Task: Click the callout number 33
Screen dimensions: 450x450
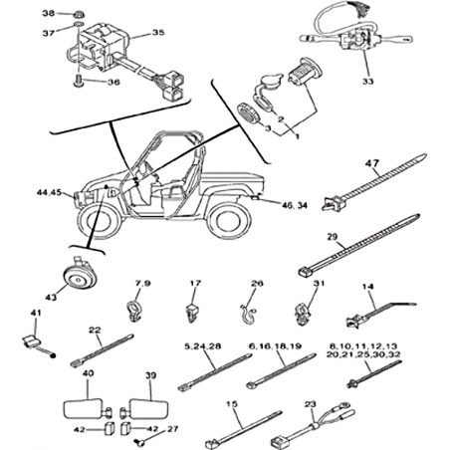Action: pyautogui.click(x=367, y=81)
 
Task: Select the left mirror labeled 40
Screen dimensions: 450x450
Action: pyautogui.click(x=88, y=408)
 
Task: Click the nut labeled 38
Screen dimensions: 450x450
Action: pyautogui.click(x=79, y=14)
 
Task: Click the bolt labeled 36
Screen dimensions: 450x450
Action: pyautogui.click(x=78, y=81)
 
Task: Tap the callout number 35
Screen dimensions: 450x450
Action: pyautogui.click(x=158, y=33)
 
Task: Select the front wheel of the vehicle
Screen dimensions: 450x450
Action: pyautogui.click(x=100, y=221)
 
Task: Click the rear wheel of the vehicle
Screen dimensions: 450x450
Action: pyautogui.click(x=228, y=219)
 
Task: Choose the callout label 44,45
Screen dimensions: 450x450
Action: pyautogui.click(x=49, y=192)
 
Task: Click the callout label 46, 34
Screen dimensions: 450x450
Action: pyautogui.click(x=295, y=205)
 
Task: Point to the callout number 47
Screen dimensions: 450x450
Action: pyautogui.click(x=372, y=163)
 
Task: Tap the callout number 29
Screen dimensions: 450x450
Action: pyautogui.click(x=332, y=237)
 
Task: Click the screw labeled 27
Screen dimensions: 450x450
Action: pyautogui.click(x=139, y=441)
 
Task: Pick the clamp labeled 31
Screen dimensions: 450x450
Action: pyautogui.click(x=302, y=314)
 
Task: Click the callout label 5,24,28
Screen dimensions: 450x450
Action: pyautogui.click(x=203, y=346)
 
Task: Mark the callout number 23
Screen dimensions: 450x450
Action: pyautogui.click(x=311, y=404)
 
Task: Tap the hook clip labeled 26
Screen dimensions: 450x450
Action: pyautogui.click(x=246, y=315)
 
